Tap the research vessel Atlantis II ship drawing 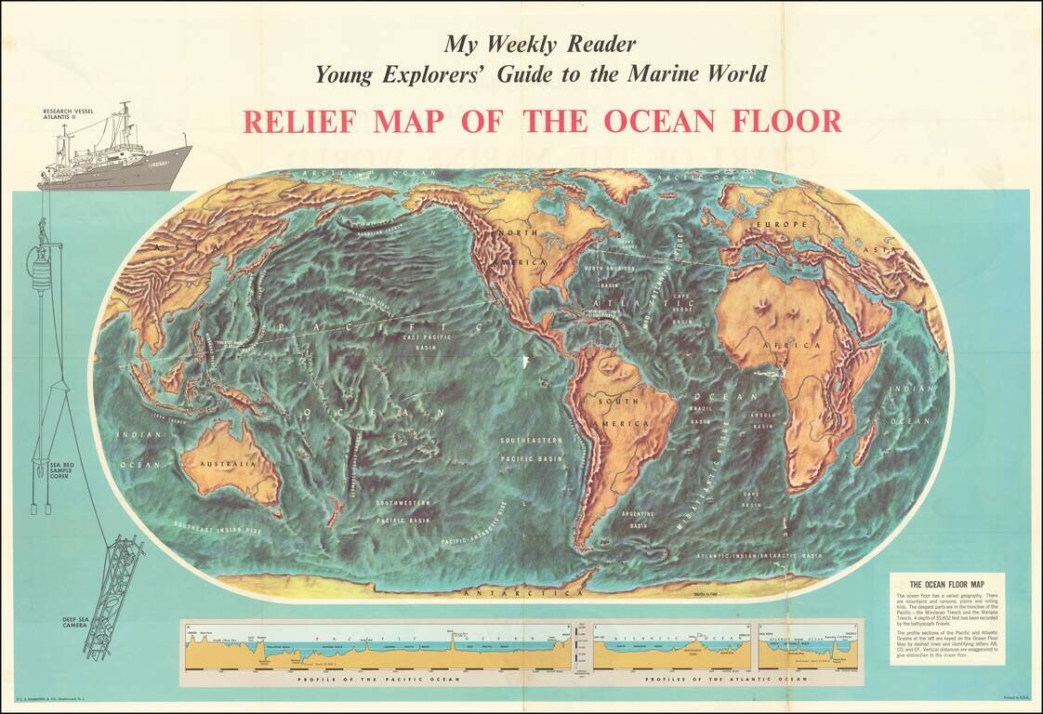[113, 154]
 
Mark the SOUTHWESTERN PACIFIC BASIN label [402, 509]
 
